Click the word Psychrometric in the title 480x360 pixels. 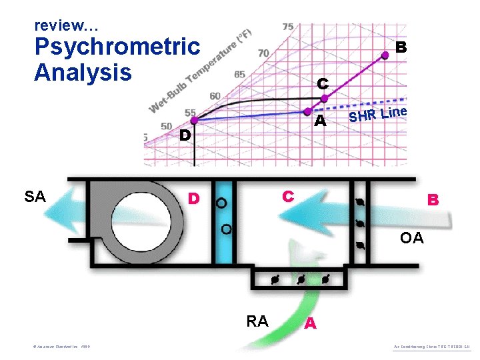pos(117,47)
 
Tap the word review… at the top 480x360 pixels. pos(67,26)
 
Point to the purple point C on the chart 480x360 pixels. pos(325,99)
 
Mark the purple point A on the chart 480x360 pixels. pos(309,111)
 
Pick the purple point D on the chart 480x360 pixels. pos(194,121)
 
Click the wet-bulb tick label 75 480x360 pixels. pos(287,27)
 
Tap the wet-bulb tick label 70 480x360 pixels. pos(263,53)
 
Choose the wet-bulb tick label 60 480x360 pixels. pos(215,97)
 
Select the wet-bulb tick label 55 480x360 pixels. pos(190,113)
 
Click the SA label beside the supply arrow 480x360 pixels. pos(35,196)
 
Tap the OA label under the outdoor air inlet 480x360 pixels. pos(411,238)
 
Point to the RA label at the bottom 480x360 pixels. pos(257,321)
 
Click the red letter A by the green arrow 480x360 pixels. pos(309,323)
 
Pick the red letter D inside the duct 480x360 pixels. pos(194,199)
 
